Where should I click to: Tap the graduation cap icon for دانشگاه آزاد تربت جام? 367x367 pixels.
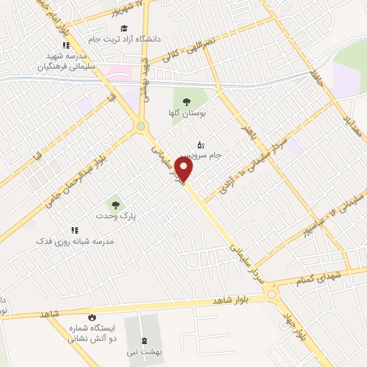pyautogui.click(x=125, y=28)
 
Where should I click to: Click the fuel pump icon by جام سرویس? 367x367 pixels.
pyautogui.click(x=200, y=144)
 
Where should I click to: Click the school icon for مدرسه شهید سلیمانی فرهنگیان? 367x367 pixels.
pyautogui.click(x=66, y=45)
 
